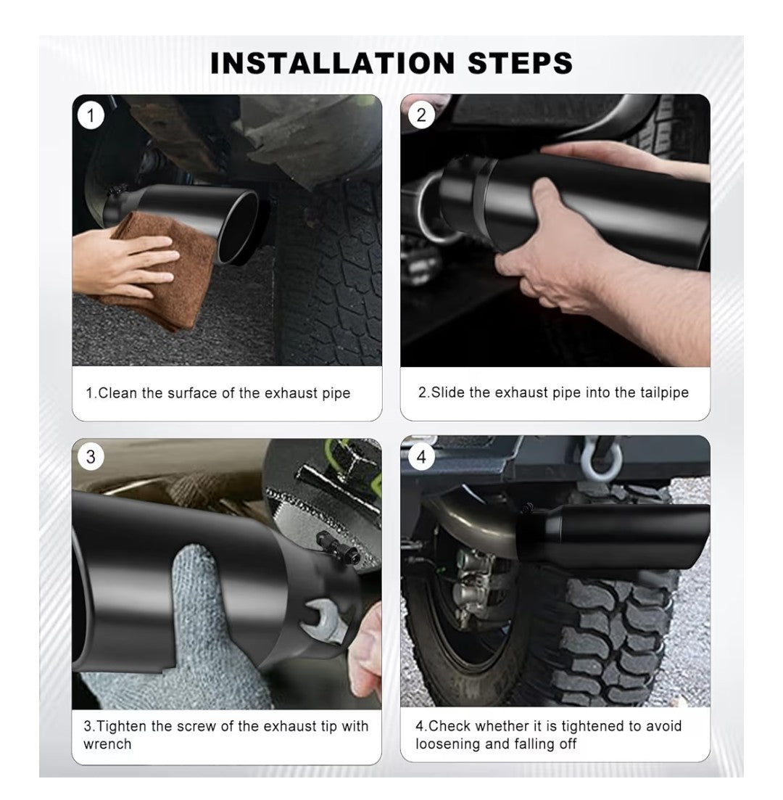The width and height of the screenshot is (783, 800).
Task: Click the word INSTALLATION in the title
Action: pyautogui.click(x=332, y=63)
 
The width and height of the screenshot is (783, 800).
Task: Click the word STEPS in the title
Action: pyautogui.click(x=521, y=63)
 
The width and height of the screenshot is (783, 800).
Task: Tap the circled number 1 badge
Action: pyautogui.click(x=91, y=115)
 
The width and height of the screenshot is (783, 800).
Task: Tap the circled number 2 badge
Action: pyautogui.click(x=420, y=115)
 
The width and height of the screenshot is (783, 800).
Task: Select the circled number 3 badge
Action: pyautogui.click(x=91, y=456)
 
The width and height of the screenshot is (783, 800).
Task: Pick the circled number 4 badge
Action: pyautogui.click(x=420, y=456)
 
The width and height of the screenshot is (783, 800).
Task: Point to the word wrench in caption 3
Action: pyautogui.click(x=107, y=744)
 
